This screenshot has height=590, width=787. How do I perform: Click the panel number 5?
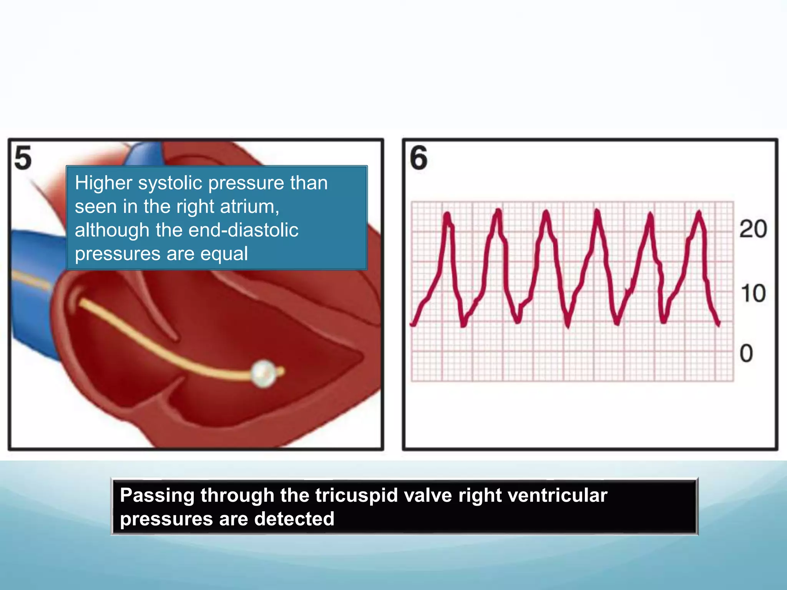point(23,158)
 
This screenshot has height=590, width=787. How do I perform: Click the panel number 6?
point(418,158)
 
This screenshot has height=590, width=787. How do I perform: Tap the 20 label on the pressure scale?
point(753,229)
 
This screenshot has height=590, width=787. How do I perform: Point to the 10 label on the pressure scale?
point(753,293)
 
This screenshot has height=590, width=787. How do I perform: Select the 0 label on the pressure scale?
point(746,353)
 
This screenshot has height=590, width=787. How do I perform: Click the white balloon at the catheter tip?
point(264,373)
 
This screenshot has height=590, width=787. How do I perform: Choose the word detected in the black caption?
point(294,519)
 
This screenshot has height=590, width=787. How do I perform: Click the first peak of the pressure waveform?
point(447,214)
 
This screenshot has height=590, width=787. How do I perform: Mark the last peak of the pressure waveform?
point(699,212)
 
